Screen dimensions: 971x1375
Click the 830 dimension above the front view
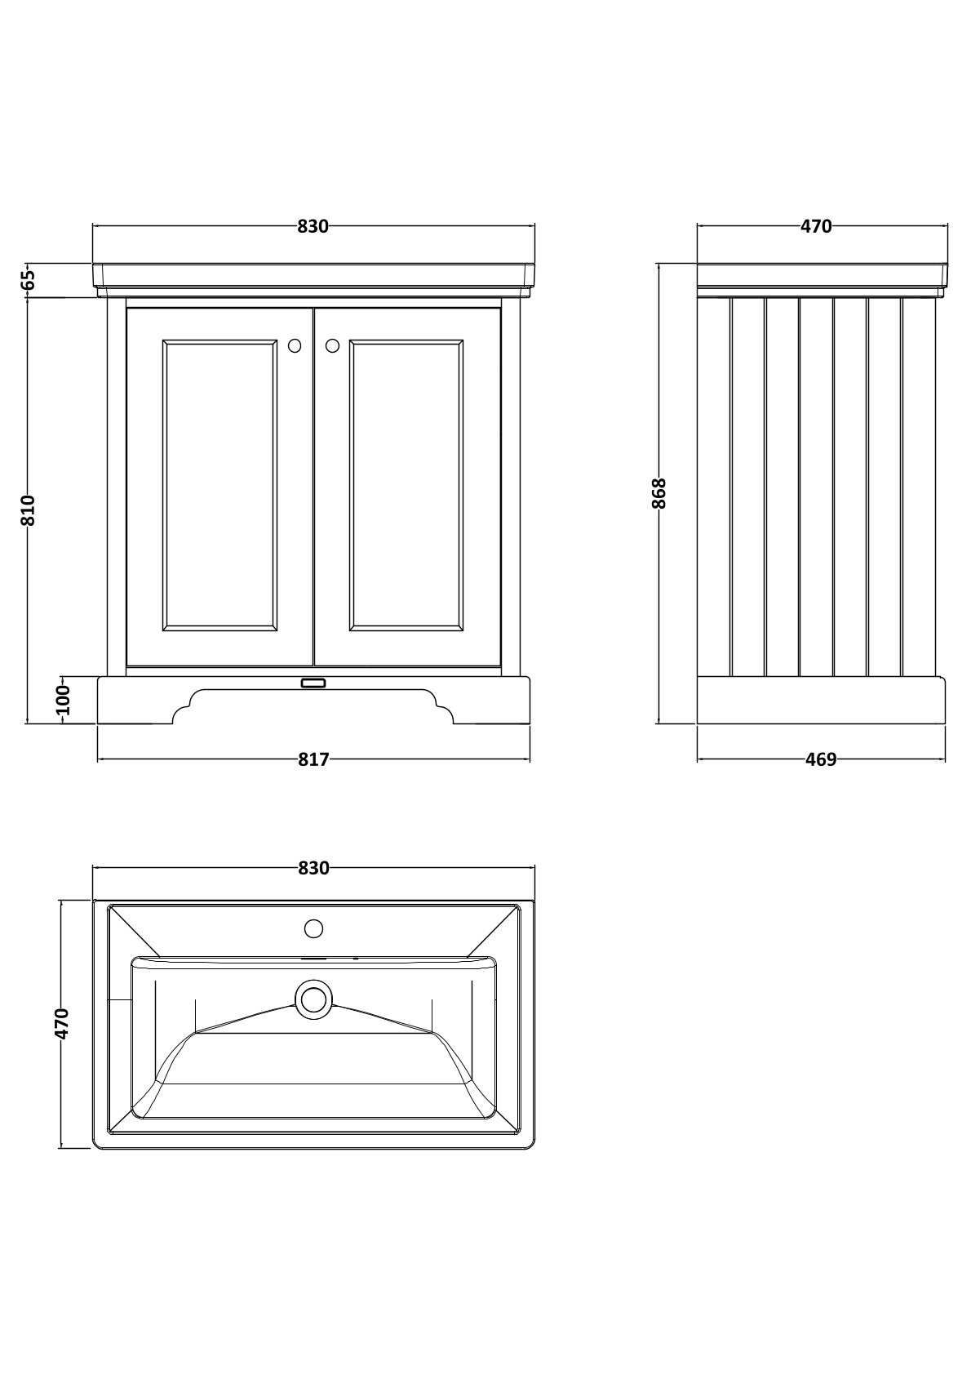point(313,226)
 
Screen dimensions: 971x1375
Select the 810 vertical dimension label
point(29,510)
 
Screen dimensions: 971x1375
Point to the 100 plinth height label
point(64,701)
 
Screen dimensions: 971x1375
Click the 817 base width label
point(313,760)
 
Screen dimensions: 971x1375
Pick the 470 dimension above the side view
point(817,226)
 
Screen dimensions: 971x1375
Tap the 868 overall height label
point(658,493)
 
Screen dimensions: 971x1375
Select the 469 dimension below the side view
point(821,760)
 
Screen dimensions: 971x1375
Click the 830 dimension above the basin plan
point(313,868)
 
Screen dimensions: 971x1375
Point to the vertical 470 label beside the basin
point(62,1023)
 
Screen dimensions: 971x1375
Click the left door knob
point(295,346)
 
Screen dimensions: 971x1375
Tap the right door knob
point(332,346)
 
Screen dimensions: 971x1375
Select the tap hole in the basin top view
point(313,928)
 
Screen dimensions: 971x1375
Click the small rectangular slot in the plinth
point(313,683)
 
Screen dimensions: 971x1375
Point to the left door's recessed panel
point(219,485)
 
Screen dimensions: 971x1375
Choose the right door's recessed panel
point(406,485)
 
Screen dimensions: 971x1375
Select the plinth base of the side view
point(821,701)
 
